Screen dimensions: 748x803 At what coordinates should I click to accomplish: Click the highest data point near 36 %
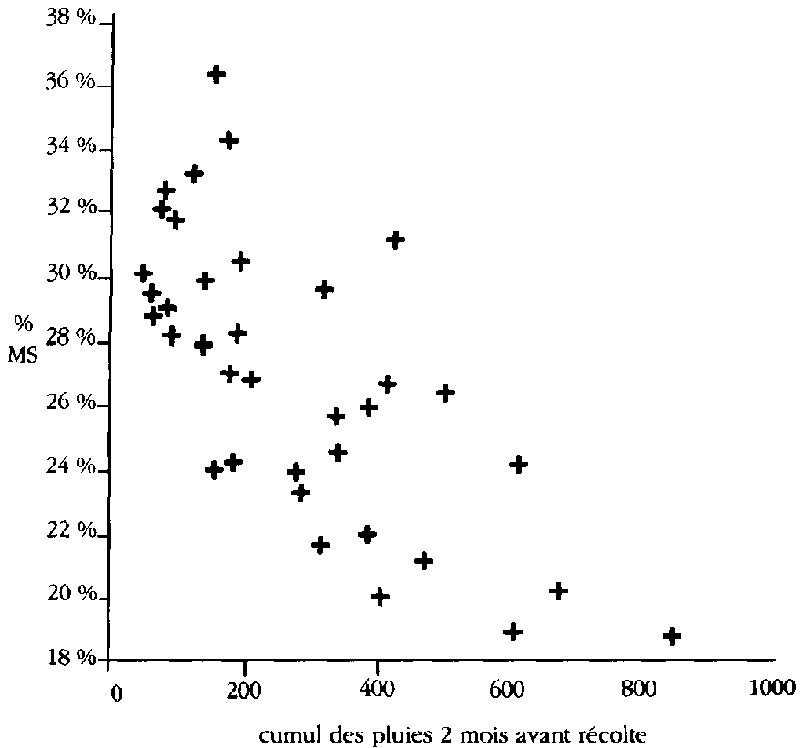217,74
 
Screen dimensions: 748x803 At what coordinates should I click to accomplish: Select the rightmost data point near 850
673,636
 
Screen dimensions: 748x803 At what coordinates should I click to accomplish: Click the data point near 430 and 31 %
395,240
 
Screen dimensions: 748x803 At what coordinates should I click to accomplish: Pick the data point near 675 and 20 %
559,590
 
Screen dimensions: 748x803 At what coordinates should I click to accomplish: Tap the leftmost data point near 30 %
143,273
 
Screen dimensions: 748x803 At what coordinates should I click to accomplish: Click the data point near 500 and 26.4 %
446,393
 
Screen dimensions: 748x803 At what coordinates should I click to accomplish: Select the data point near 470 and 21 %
423,560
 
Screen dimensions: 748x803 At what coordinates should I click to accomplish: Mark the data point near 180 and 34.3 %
229,140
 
